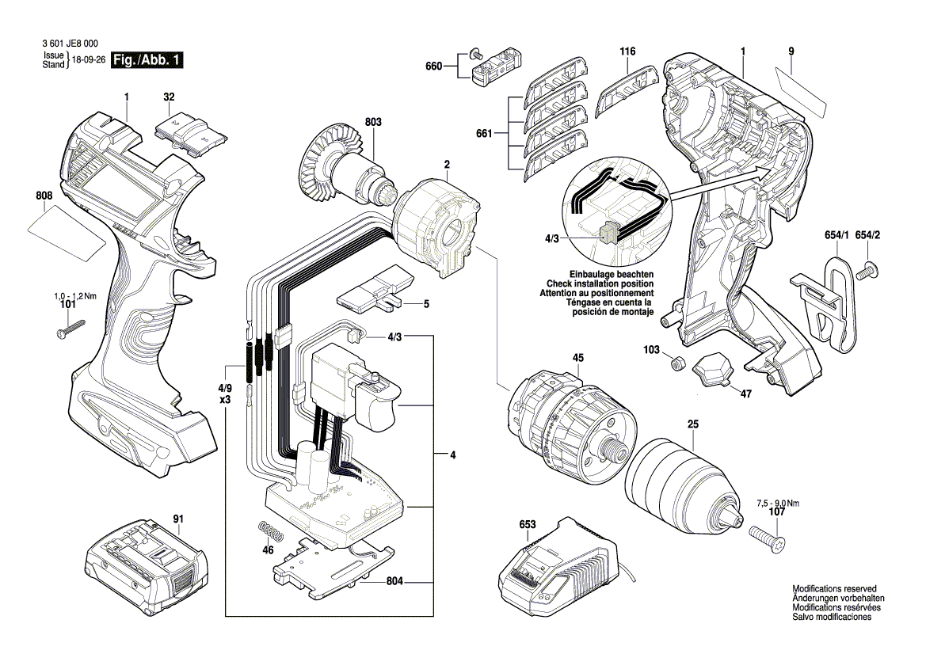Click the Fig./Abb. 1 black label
coord(148,60)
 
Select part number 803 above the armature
coord(373,122)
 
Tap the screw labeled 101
coord(70,328)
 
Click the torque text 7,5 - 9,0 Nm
coord(778,503)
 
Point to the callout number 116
coord(627,51)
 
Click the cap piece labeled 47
coord(714,371)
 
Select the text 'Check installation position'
coord(600,283)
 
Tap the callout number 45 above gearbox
coord(577,358)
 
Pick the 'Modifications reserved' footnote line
coord(834,589)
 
